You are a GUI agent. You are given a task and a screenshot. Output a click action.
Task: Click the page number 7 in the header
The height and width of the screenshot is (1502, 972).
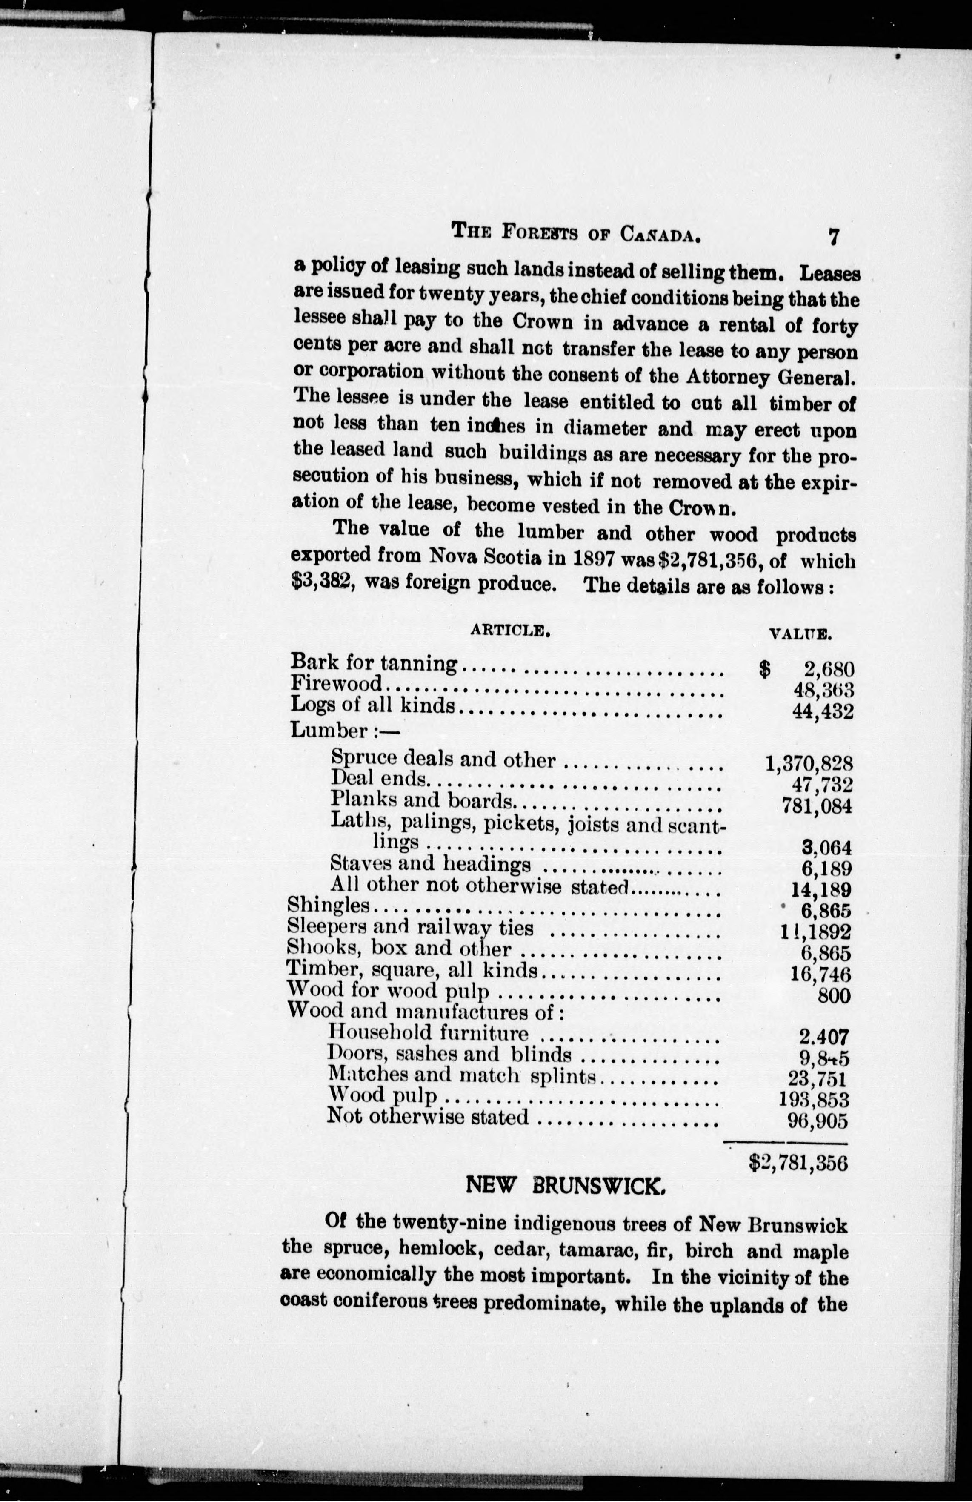tap(834, 237)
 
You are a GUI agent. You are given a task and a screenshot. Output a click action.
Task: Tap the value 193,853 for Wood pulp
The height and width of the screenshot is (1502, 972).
tap(815, 1100)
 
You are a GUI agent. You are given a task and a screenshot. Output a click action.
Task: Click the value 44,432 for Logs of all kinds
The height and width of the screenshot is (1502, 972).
tap(823, 711)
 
